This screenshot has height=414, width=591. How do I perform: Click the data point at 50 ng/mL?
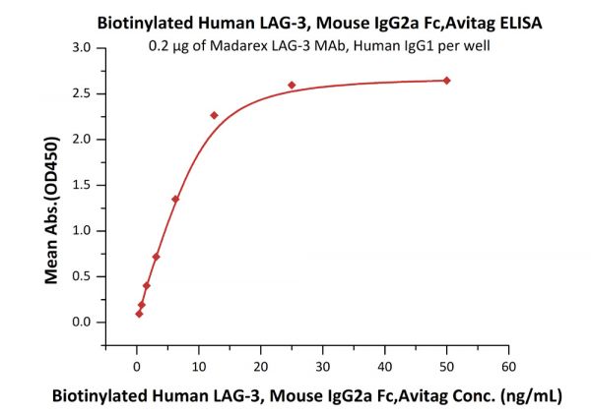point(446,81)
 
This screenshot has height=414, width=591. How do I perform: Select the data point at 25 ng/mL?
point(292,86)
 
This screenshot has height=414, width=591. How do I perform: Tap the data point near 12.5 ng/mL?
point(214,115)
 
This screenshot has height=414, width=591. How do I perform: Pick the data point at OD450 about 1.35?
point(175,199)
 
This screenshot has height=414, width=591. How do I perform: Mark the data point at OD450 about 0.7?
point(156,257)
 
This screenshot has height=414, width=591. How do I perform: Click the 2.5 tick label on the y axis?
point(82,93)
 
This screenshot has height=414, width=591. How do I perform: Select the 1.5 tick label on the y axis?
point(82,185)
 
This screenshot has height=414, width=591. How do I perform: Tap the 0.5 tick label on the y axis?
point(82,276)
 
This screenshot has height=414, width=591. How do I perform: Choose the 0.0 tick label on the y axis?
point(82,322)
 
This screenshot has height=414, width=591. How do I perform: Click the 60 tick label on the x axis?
point(507,366)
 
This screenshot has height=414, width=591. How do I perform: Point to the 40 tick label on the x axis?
point(384,366)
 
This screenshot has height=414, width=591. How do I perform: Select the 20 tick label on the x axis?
point(260,366)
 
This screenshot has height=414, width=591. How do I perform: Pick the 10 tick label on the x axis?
point(198,366)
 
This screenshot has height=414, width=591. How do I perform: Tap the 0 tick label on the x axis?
point(137,366)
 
